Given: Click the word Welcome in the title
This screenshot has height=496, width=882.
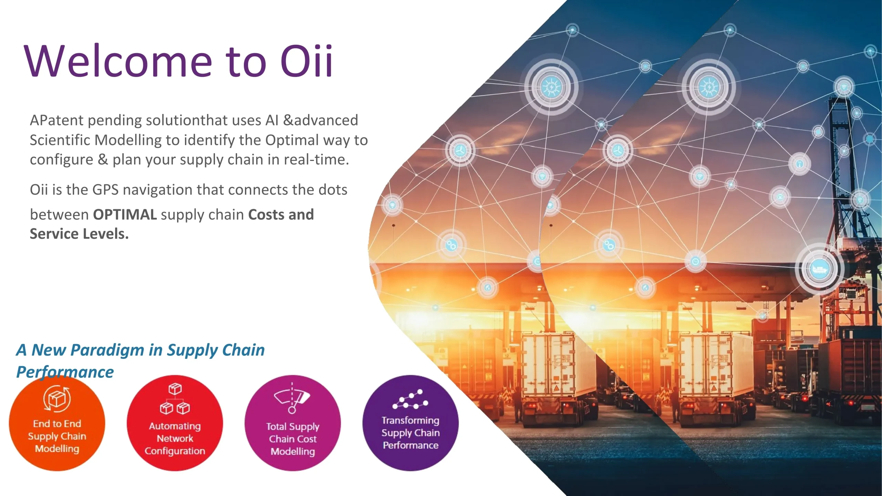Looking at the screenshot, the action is (118, 61).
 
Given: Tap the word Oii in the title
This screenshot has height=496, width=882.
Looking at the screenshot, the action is (306, 61).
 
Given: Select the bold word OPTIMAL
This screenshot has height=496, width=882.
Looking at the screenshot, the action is (125, 214).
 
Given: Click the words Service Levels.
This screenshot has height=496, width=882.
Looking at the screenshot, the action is (79, 234).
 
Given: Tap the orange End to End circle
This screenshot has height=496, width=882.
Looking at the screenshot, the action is (57, 423).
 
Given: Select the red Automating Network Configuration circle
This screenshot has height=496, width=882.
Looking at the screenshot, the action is (175, 423).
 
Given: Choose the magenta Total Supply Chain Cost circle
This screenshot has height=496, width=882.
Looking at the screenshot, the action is (293, 423).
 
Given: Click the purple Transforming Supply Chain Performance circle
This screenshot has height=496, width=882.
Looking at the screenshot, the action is (410, 423).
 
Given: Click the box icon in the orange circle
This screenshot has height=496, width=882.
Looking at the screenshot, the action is (57, 399).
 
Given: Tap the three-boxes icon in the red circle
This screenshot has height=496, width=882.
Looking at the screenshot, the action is (175, 399).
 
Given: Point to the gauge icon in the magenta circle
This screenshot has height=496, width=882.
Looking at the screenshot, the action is (292, 398).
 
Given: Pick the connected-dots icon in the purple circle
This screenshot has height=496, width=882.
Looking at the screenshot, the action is (410, 399).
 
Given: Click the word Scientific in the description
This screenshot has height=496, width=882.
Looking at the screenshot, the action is (60, 140).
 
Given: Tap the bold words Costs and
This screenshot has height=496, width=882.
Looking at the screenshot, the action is (281, 214).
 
